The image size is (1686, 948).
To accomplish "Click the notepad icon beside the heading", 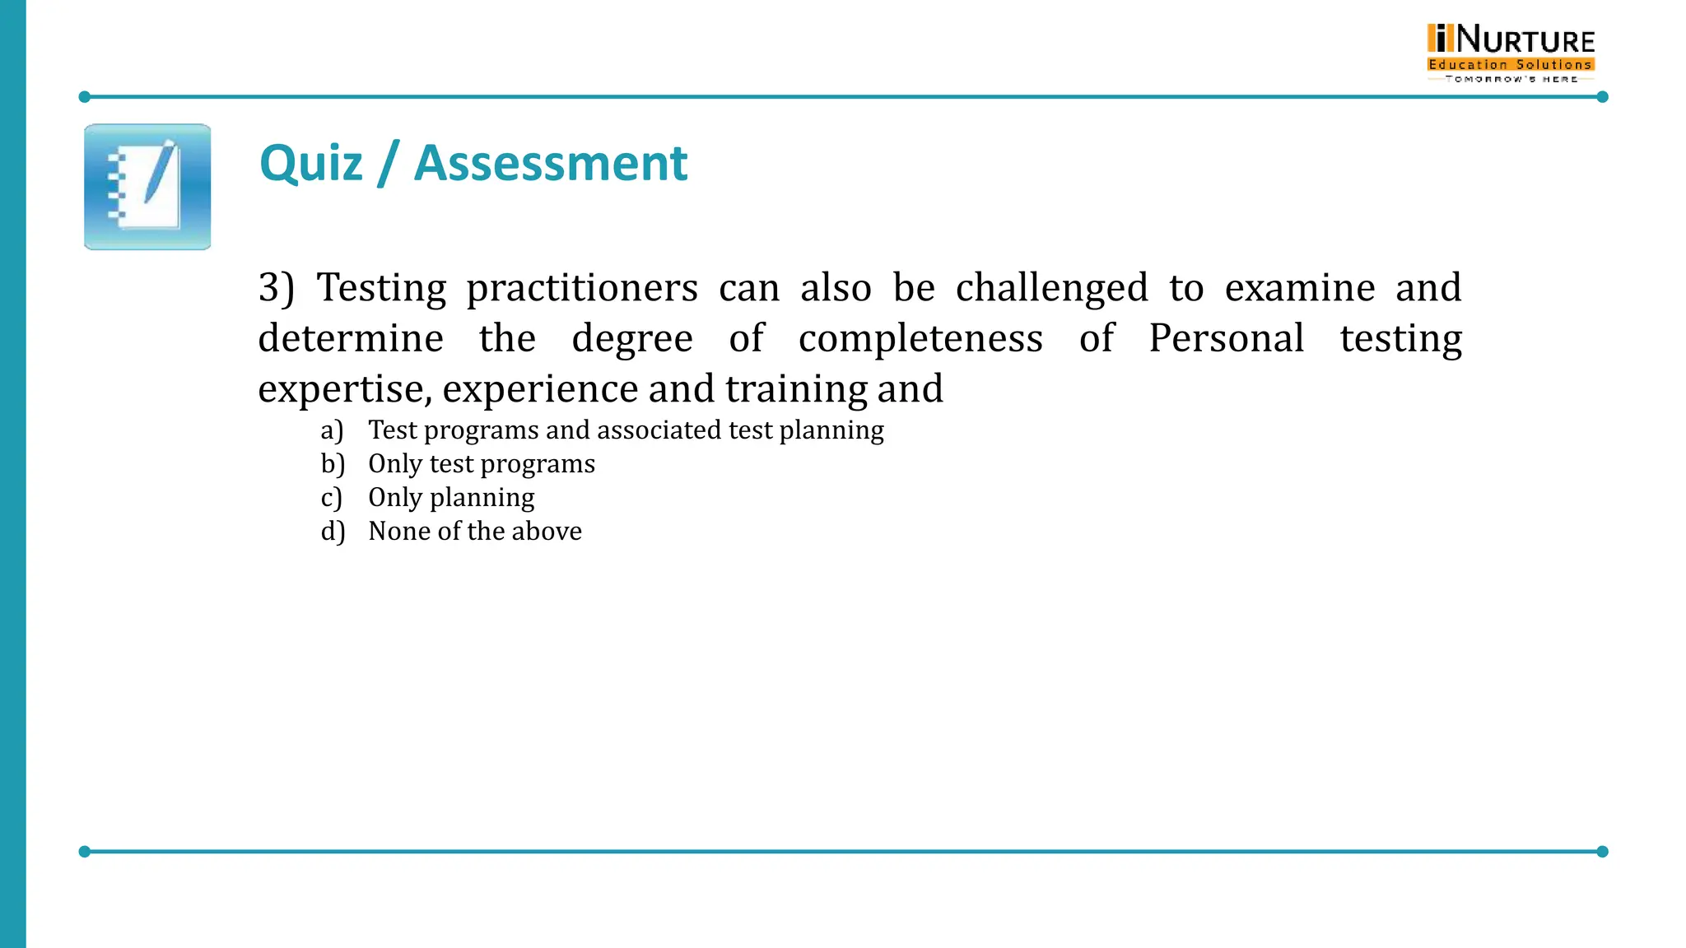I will pyautogui.click(x=147, y=187).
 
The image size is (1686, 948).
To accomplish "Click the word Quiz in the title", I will pyautogui.click(x=310, y=163).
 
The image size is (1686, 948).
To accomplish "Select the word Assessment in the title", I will pyautogui.click(x=550, y=163).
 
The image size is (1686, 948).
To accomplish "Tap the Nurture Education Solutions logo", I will pyautogui.click(x=1511, y=53).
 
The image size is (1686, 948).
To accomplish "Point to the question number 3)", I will pyautogui.click(x=276, y=288).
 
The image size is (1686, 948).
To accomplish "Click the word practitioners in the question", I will pyautogui.click(x=582, y=288).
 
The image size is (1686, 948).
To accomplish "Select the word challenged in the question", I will pyautogui.click(x=1051, y=288).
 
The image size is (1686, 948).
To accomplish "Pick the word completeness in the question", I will pyautogui.click(x=920, y=338).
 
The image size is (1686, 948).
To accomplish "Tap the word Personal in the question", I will pyautogui.click(x=1226, y=338).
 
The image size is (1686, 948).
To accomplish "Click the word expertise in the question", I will pyautogui.click(x=343, y=389).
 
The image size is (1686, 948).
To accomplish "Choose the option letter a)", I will pyautogui.click(x=332, y=430).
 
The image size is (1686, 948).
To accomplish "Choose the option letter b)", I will pyautogui.click(x=333, y=464).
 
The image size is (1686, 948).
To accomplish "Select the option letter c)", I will pyautogui.click(x=331, y=498).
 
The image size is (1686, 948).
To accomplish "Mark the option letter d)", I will pyautogui.click(x=333, y=532).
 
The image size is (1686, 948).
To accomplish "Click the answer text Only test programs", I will pyautogui.click(x=482, y=464).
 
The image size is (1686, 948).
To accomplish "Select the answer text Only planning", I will pyautogui.click(x=451, y=498).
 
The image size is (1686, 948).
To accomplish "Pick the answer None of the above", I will pyautogui.click(x=475, y=532).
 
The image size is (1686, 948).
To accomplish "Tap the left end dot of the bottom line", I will pyautogui.click(x=84, y=851).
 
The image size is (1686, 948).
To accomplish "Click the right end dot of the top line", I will pyautogui.click(x=1602, y=97).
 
